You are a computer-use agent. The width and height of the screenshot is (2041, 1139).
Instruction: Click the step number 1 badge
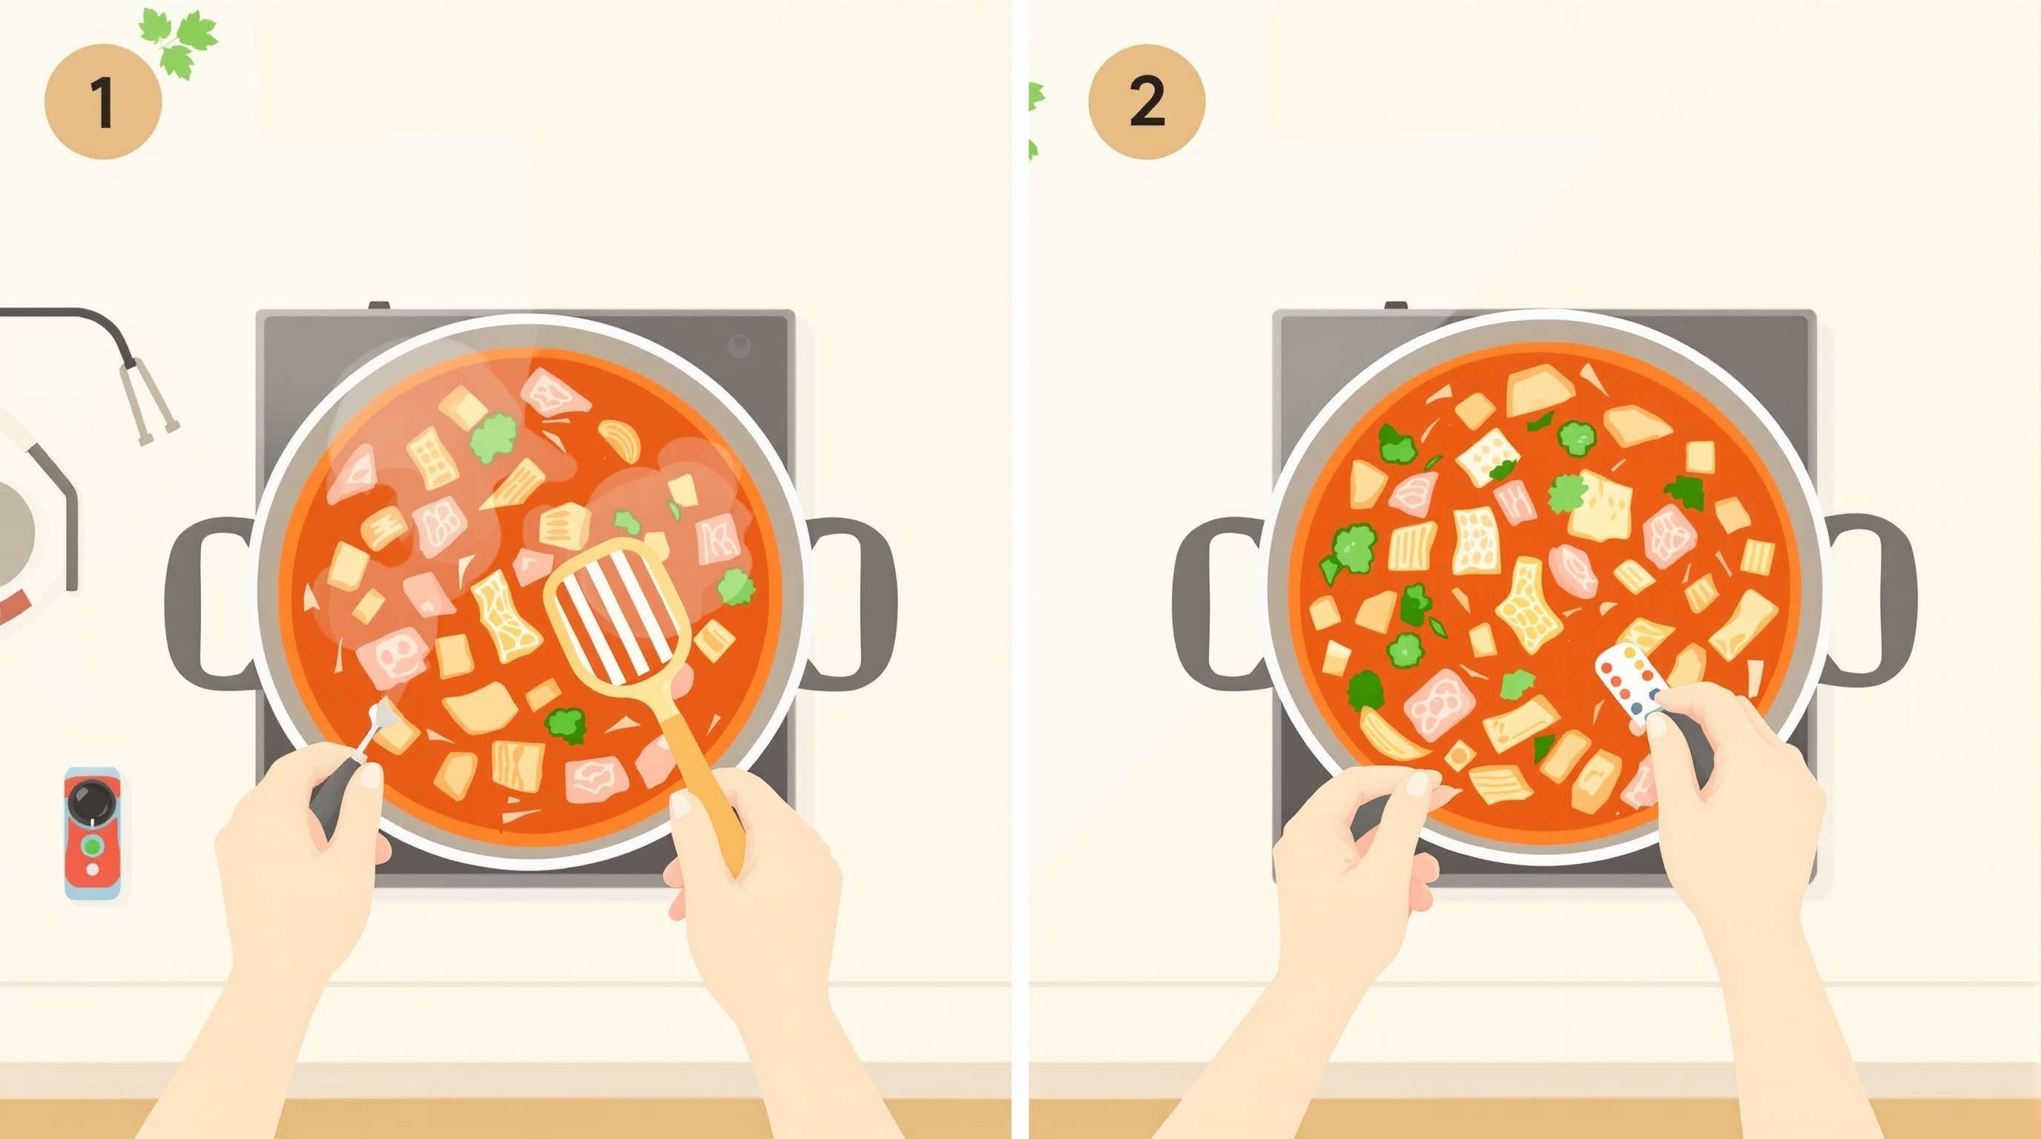103,102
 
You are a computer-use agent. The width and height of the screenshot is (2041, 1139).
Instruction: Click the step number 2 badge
1147,102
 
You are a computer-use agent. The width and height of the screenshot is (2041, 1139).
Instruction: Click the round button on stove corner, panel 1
739,346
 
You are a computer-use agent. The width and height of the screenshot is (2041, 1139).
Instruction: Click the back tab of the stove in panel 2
1396,305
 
